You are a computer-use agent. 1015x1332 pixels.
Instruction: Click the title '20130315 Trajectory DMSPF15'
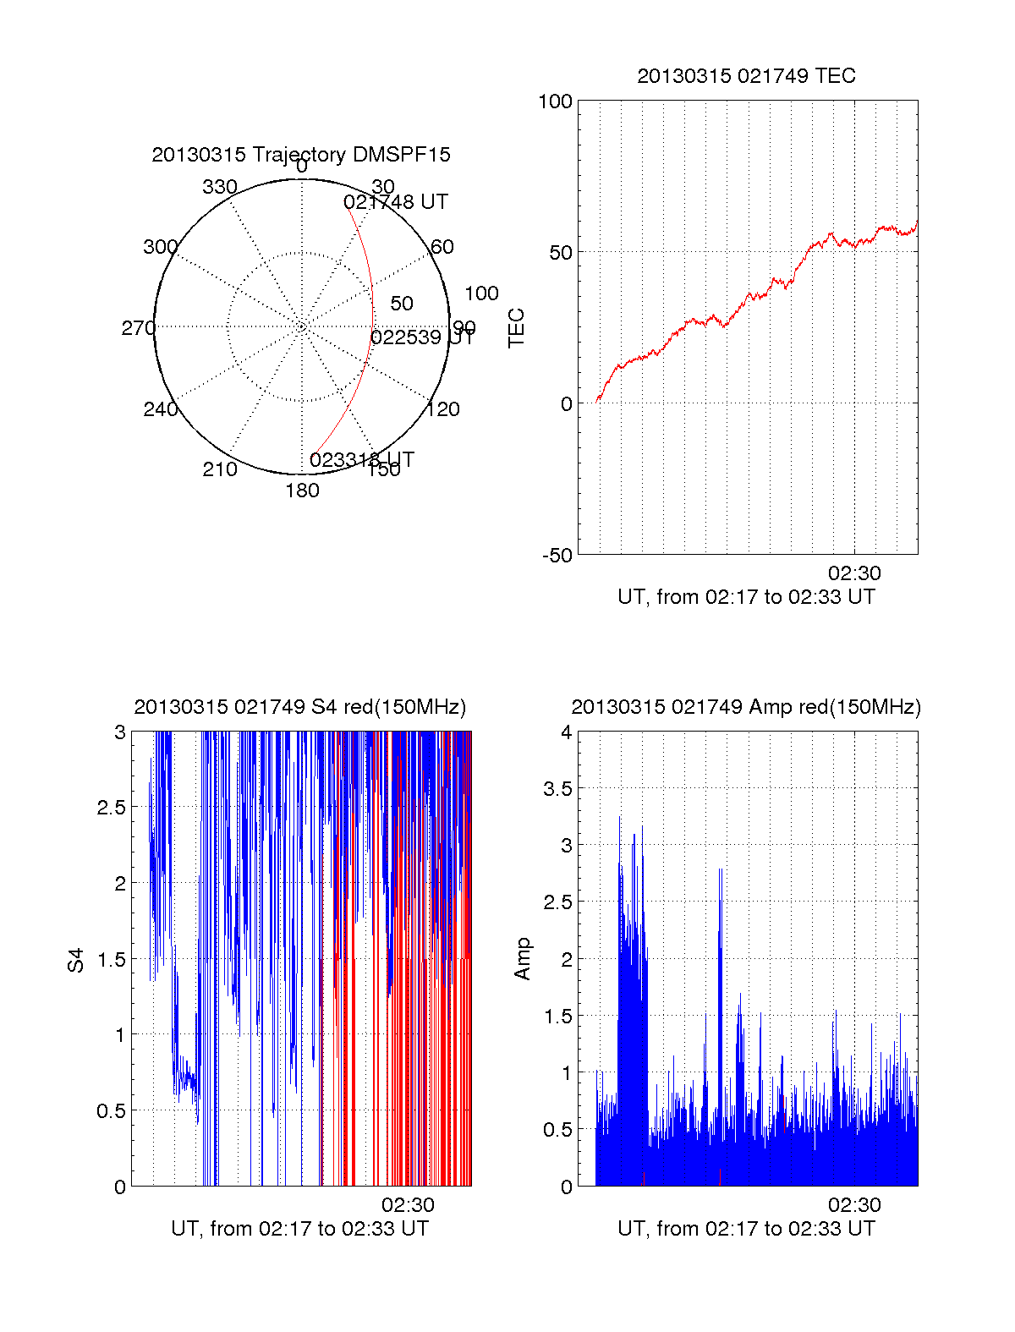pyautogui.click(x=301, y=155)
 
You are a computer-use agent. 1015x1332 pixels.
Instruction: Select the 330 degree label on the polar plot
pyautogui.click(x=220, y=187)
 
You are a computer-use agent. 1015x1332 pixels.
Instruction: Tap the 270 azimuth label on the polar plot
pyautogui.click(x=138, y=328)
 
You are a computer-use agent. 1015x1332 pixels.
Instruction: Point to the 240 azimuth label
pyautogui.click(x=160, y=410)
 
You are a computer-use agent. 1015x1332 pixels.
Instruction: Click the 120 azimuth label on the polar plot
pyautogui.click(x=443, y=410)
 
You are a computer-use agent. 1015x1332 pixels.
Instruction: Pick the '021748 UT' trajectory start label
pyautogui.click(x=396, y=202)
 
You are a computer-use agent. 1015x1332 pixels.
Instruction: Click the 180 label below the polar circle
pyautogui.click(x=302, y=491)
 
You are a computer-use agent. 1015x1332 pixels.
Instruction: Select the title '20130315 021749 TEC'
pyautogui.click(x=746, y=76)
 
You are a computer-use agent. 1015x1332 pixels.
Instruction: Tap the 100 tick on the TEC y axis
pyautogui.click(x=555, y=102)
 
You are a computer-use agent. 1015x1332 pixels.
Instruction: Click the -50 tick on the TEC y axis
pyautogui.click(x=557, y=556)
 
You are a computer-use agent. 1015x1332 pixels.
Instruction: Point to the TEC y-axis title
pyautogui.click(x=516, y=328)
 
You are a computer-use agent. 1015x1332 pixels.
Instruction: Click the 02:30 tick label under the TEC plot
pyautogui.click(x=854, y=573)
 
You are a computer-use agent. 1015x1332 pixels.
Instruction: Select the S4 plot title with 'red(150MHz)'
pyautogui.click(x=300, y=707)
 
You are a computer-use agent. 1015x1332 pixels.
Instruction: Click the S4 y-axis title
pyautogui.click(x=76, y=961)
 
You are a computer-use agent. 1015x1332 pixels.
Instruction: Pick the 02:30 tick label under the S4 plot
pyautogui.click(x=408, y=1205)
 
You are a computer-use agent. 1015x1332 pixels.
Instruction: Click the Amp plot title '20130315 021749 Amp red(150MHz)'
pyautogui.click(x=746, y=707)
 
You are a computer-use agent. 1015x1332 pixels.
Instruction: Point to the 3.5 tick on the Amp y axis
pyautogui.click(x=557, y=789)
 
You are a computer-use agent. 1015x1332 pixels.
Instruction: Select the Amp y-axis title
pyautogui.click(x=523, y=959)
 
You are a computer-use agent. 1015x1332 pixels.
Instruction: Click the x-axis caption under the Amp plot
pyautogui.click(x=746, y=1229)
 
